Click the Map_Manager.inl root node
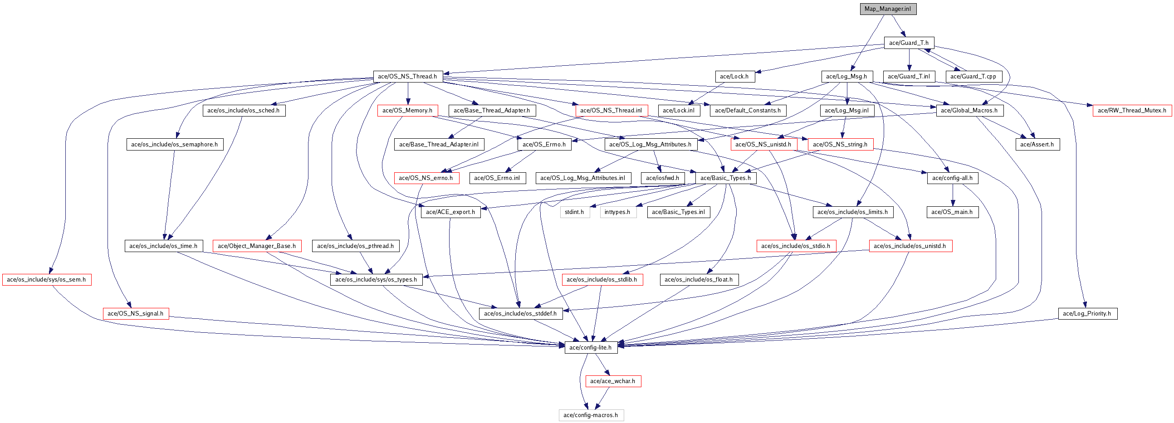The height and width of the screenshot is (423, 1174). click(x=888, y=9)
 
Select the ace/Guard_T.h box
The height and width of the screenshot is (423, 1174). click(x=909, y=43)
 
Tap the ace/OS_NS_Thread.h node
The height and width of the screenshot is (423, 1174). click(x=407, y=77)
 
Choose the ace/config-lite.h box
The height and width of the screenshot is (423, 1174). click(x=591, y=347)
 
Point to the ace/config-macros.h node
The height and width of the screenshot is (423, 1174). click(x=591, y=415)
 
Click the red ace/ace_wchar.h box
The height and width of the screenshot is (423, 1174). click(x=612, y=381)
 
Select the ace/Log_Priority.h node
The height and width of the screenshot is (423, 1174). click(x=1087, y=313)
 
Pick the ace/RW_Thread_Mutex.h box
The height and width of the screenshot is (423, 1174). click(x=1132, y=110)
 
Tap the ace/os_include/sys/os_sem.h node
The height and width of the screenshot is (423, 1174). click(x=46, y=280)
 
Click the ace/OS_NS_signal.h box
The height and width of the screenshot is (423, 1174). click(x=135, y=313)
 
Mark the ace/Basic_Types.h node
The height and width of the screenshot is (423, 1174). click(x=725, y=178)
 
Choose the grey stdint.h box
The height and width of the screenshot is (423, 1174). click(x=574, y=212)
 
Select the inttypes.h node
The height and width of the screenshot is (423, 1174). click(x=617, y=212)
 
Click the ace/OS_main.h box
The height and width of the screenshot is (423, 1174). click(x=952, y=212)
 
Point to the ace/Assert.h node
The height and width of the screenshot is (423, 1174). click(x=1037, y=144)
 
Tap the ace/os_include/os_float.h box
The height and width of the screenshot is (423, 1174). click(x=699, y=280)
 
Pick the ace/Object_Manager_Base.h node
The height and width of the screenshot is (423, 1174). click(x=257, y=246)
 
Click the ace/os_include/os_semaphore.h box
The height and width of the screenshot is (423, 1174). click(x=175, y=144)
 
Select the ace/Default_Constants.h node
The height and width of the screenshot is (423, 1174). click(x=748, y=110)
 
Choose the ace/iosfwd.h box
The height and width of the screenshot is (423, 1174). click(x=662, y=178)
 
